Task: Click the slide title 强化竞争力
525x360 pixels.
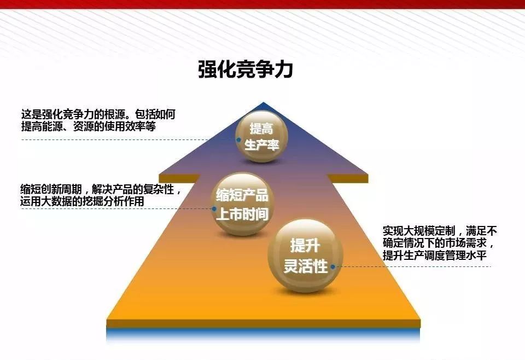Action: coord(246,69)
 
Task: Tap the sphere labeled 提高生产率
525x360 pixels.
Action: coord(262,137)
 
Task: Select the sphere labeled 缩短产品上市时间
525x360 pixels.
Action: coord(242,204)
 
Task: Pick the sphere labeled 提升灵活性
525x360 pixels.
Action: coord(305,256)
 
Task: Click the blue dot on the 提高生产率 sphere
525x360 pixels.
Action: coord(239,140)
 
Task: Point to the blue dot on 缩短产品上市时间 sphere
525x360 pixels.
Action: coord(214,209)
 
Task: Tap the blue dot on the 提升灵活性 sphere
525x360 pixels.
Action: coord(333,267)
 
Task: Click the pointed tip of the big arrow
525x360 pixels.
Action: coord(264,102)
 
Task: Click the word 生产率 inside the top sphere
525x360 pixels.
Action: coord(262,145)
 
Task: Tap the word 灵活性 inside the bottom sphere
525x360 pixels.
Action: coord(305,266)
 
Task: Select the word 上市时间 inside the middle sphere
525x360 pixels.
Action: coord(242,214)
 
